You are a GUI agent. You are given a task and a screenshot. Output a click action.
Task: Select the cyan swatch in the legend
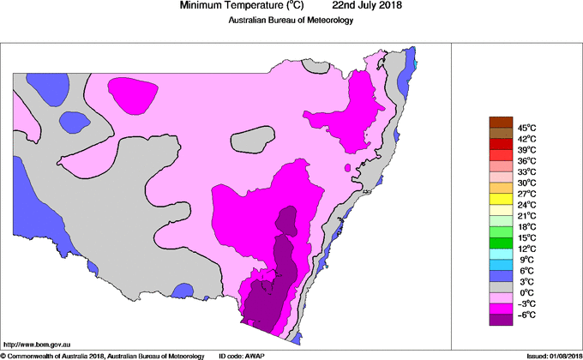click(500, 254)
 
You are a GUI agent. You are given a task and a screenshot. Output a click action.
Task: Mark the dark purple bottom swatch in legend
click(500, 320)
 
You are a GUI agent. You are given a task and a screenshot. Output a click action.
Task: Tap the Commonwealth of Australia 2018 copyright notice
click(102, 355)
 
